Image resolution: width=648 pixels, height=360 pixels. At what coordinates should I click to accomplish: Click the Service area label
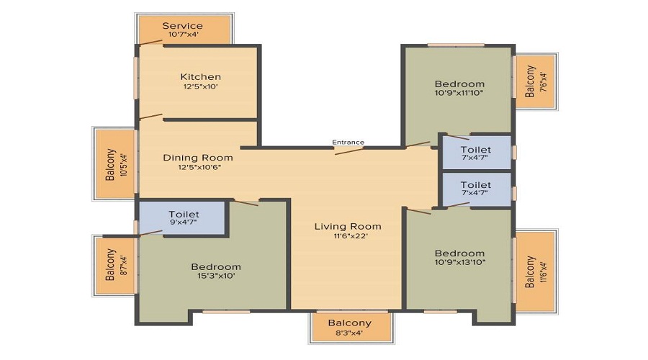click(182, 26)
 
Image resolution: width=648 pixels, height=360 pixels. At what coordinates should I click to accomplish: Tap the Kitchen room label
click(200, 76)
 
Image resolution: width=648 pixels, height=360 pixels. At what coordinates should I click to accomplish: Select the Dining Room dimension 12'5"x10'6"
click(197, 167)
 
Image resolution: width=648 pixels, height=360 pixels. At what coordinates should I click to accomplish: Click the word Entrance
click(348, 142)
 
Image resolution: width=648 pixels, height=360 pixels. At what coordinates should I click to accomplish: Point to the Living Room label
click(348, 226)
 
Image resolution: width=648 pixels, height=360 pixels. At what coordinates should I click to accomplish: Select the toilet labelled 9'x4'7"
click(184, 218)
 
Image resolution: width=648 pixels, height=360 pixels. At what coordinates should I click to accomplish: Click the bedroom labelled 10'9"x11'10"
click(459, 88)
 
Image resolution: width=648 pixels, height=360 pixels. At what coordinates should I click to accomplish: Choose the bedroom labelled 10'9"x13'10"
click(459, 258)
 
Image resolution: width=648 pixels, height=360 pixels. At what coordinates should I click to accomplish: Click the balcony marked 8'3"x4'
click(349, 328)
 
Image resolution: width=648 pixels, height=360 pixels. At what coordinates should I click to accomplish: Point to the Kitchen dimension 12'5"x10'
click(200, 86)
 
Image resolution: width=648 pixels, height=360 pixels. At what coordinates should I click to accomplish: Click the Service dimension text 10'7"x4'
click(183, 35)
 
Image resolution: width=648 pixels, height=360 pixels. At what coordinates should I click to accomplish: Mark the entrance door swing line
click(349, 150)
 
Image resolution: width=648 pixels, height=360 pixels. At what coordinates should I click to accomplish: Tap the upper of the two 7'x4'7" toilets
click(476, 153)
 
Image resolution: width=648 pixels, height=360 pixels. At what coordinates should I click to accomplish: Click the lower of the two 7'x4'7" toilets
click(476, 189)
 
